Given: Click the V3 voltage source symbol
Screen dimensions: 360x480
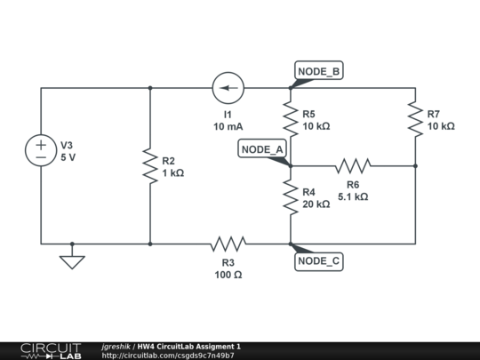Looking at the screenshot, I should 42,149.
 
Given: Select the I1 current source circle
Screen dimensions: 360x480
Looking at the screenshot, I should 229,88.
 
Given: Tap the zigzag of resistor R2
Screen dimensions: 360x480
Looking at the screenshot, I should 150,166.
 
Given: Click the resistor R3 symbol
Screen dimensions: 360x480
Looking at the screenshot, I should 228,243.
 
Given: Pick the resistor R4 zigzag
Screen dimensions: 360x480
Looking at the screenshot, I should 290,196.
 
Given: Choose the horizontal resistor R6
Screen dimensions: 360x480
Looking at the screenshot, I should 353,165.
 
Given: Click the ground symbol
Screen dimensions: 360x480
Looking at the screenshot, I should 73,260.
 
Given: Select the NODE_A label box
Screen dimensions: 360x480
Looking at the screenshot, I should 262,149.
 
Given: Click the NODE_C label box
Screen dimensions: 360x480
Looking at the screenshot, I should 318,260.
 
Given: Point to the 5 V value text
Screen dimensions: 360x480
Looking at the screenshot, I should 68,157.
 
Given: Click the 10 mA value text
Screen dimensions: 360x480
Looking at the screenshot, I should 229,127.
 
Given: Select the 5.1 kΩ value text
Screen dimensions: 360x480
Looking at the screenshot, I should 353,197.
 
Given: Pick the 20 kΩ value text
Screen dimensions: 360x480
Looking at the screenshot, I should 316,204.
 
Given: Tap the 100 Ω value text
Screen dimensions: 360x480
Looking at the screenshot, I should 228,275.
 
